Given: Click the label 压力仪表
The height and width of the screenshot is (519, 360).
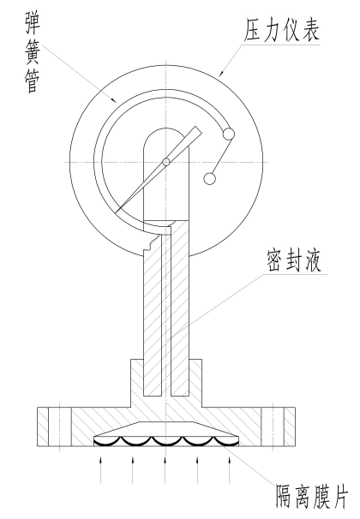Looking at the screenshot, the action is (281, 30).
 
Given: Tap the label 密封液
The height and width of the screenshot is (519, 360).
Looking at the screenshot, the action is (294, 261).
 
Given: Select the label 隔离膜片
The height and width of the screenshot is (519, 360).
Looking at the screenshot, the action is (312, 497).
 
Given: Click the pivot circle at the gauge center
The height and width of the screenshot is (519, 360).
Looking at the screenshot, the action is (166, 162).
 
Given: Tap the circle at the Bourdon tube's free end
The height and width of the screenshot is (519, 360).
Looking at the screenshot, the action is (229, 134).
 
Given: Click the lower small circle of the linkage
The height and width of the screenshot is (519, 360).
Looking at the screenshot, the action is (209, 179).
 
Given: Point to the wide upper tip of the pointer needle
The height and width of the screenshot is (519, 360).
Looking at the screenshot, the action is (197, 130).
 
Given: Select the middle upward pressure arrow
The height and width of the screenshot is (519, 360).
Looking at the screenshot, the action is (165, 470).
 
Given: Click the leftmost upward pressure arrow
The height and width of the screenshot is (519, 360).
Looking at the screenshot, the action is (101, 470).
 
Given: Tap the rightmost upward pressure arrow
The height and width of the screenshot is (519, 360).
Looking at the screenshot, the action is (230, 470).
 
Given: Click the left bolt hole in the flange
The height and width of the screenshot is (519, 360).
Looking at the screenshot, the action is (60, 427).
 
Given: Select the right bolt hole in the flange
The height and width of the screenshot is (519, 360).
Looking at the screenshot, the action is (273, 427).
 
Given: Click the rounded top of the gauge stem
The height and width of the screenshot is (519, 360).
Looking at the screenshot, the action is (166, 130).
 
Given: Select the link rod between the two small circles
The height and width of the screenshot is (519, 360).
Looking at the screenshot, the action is (219, 157).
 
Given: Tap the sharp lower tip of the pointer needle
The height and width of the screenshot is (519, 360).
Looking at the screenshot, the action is (116, 212).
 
